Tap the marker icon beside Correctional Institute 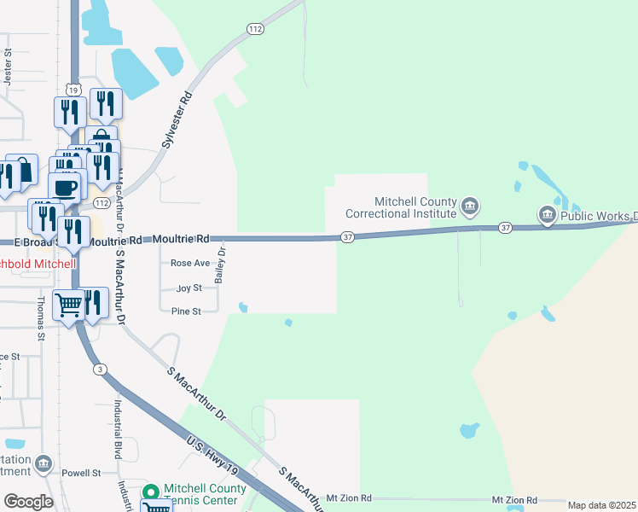coord(470,206)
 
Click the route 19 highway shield coord(74,90)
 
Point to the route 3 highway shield coord(101,369)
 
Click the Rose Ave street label coord(189,264)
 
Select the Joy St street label coord(188,288)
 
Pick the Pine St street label coord(186,311)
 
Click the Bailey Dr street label coord(220,265)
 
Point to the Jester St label coord(8,65)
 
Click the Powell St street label coord(81,472)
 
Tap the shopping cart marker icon coord(68,304)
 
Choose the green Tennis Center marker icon coord(151,493)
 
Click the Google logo coord(27,502)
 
